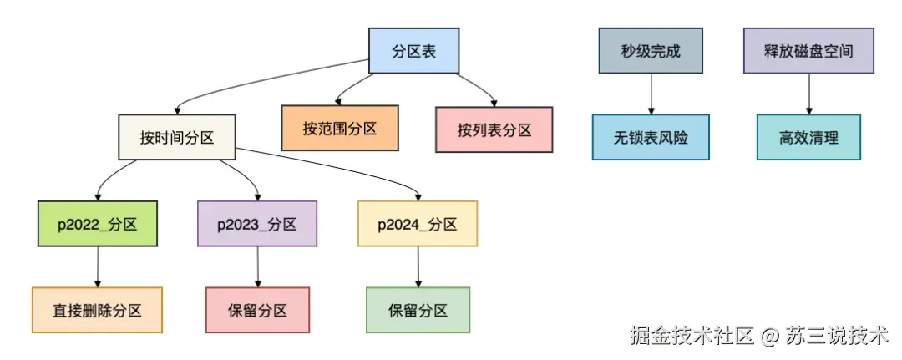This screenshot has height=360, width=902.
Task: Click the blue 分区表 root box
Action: [x=414, y=51]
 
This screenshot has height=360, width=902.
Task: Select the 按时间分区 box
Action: [x=176, y=138]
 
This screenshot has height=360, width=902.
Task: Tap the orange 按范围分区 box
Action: [x=340, y=129]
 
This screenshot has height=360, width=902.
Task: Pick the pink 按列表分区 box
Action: [x=494, y=129]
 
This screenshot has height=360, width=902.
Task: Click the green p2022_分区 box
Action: [x=99, y=224]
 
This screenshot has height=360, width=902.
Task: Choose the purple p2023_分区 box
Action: [x=257, y=224]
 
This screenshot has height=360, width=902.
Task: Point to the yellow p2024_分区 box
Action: [x=418, y=224]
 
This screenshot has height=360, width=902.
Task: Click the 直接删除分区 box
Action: [x=97, y=311]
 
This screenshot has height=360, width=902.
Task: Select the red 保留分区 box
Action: [x=257, y=311]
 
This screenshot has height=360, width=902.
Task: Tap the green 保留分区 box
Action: [x=418, y=311]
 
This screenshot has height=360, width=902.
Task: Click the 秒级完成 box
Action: [x=651, y=51]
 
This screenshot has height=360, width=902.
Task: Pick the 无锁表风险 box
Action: [x=651, y=138]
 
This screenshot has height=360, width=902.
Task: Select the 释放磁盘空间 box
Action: [x=808, y=51]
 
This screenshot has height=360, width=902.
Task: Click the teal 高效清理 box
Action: [x=808, y=138]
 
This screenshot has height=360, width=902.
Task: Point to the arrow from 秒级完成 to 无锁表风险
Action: [x=651, y=94]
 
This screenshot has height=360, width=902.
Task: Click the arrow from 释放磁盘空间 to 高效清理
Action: [x=808, y=94]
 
